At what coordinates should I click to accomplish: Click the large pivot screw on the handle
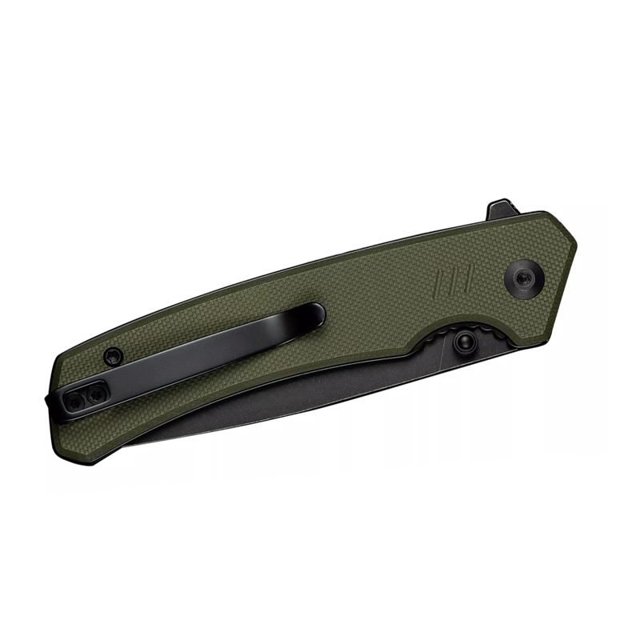click(x=524, y=278)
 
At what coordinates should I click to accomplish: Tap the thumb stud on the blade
click(x=462, y=342)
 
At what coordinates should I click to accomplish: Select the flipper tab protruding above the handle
click(x=498, y=210)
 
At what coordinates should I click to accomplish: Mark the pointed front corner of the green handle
click(x=575, y=239)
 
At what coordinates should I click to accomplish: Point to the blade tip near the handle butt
click(x=120, y=444)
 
